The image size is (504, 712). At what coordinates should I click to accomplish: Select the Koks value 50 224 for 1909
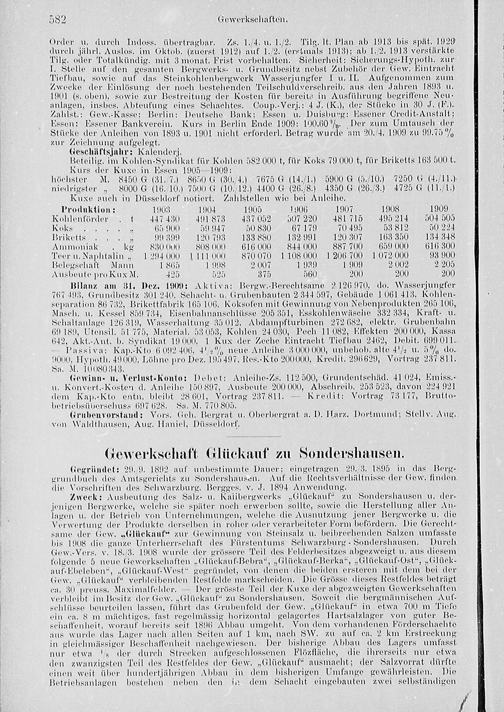444,228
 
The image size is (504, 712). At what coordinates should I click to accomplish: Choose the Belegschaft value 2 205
444,265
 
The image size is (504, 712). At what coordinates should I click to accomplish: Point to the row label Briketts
69,237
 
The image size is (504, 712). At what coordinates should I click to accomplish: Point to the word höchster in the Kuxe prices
70,180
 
